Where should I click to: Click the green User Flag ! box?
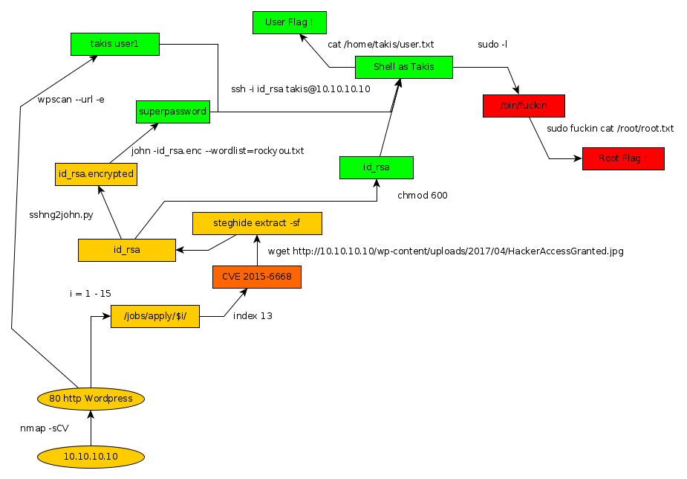pyautogui.click(x=289, y=23)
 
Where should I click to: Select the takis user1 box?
pyautogui.click(x=114, y=44)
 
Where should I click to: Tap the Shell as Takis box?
pyautogui.click(x=403, y=68)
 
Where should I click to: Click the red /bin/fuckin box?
pyautogui.click(x=524, y=106)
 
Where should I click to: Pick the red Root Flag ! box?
pyautogui.click(x=622, y=158)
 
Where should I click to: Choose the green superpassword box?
pyautogui.click(x=173, y=112)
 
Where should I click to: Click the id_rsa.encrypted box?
pyautogui.click(x=95, y=174)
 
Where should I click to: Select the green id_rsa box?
pyautogui.click(x=376, y=167)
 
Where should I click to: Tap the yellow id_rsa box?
pyautogui.click(x=127, y=250)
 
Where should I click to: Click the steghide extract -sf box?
pyautogui.click(x=257, y=223)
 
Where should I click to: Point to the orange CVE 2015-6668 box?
pyautogui.click(x=257, y=277)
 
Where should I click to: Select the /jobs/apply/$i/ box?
pyautogui.click(x=155, y=316)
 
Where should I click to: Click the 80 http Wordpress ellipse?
pyautogui.click(x=91, y=399)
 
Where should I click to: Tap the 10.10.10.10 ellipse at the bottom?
pyautogui.click(x=91, y=456)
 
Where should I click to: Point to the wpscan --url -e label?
pyautogui.click(x=71, y=98)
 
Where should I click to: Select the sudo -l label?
pyautogui.click(x=492, y=45)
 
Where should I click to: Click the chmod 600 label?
pyautogui.click(x=423, y=196)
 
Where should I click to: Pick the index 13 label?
pyautogui.click(x=253, y=316)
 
